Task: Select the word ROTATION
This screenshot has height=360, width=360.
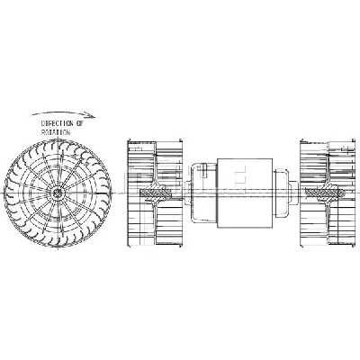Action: [58, 131]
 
